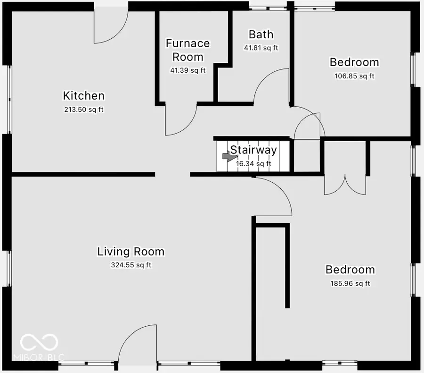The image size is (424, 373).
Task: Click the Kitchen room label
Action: tap(83, 96)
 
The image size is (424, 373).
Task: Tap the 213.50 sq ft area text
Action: tap(83, 110)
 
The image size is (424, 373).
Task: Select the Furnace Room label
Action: tap(188, 50)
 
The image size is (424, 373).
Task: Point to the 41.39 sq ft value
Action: tap(188, 70)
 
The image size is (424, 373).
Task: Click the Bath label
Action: tap(261, 34)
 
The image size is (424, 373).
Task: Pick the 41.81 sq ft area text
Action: tap(261, 48)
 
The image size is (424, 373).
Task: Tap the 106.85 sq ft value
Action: tap(354, 76)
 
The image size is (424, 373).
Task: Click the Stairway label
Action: tap(253, 150)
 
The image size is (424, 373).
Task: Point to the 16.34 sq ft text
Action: tap(253, 164)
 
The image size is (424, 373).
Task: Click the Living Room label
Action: tap(130, 251)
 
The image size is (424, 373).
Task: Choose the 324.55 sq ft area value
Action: tap(130, 265)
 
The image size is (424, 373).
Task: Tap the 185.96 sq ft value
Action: tap(350, 284)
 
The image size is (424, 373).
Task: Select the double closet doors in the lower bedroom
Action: tap(345, 184)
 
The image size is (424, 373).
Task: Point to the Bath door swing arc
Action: tap(271, 86)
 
